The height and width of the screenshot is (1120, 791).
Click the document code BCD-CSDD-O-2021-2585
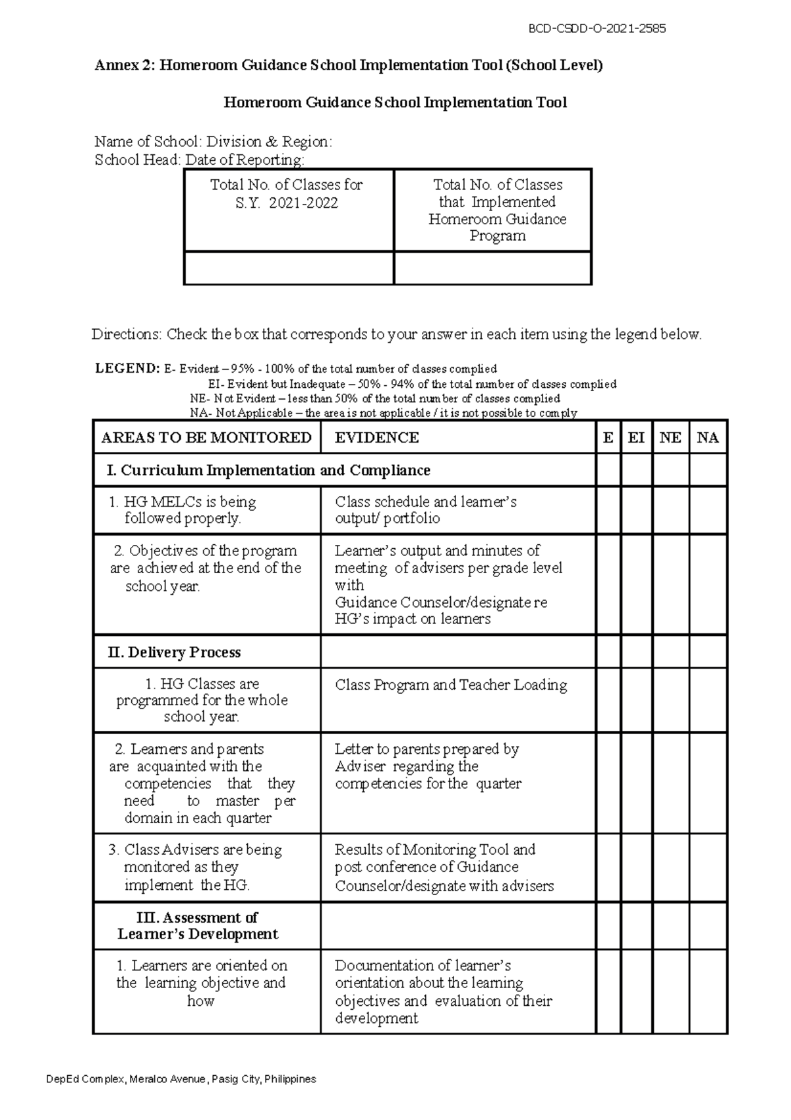[598, 28]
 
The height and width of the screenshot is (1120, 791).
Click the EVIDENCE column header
[376, 437]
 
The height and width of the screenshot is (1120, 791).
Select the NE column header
[670, 437]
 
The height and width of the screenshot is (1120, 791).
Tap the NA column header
[708, 437]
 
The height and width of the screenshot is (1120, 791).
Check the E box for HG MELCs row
[608, 510]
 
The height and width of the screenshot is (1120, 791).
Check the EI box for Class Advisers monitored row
[636, 867]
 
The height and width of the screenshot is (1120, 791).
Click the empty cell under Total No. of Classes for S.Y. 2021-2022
[289, 268]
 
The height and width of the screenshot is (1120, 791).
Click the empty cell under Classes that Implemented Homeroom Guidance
[492, 268]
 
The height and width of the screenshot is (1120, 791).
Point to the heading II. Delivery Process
[175, 652]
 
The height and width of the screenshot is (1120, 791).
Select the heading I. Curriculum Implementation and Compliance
[268, 470]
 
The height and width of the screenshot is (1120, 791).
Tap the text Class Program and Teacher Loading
[450, 685]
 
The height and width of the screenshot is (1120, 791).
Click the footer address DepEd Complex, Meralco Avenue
[181, 1079]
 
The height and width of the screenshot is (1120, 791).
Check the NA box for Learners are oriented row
[708, 991]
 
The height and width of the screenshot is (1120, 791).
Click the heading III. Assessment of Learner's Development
[198, 925]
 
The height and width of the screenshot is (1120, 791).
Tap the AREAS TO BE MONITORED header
[206, 437]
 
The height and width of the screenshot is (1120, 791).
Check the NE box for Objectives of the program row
[670, 584]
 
